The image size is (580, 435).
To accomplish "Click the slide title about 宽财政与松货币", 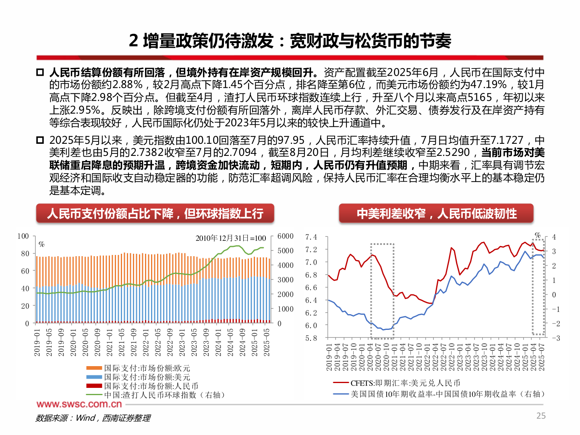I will [x=290, y=41].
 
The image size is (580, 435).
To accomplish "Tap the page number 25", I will [x=541, y=416].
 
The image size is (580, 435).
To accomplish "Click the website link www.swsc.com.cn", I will [x=79, y=404].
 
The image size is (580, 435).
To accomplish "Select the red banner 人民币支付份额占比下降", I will [x=155, y=213].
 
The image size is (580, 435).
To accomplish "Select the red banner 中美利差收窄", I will [x=436, y=213].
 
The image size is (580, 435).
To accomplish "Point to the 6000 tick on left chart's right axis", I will [x=285, y=236].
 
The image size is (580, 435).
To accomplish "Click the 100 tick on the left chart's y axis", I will [x=23, y=236].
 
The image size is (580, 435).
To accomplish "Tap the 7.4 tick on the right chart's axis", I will [x=311, y=237].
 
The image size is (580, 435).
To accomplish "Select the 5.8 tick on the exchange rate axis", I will [x=311, y=338].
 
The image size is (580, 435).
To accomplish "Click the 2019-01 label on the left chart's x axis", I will [x=37, y=342].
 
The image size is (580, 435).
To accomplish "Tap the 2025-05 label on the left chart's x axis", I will [x=266, y=342].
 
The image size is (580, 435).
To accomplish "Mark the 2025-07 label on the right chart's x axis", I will [x=542, y=357].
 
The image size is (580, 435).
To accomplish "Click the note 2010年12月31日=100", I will [x=231, y=238].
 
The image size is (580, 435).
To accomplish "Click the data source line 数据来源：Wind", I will [x=93, y=418].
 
